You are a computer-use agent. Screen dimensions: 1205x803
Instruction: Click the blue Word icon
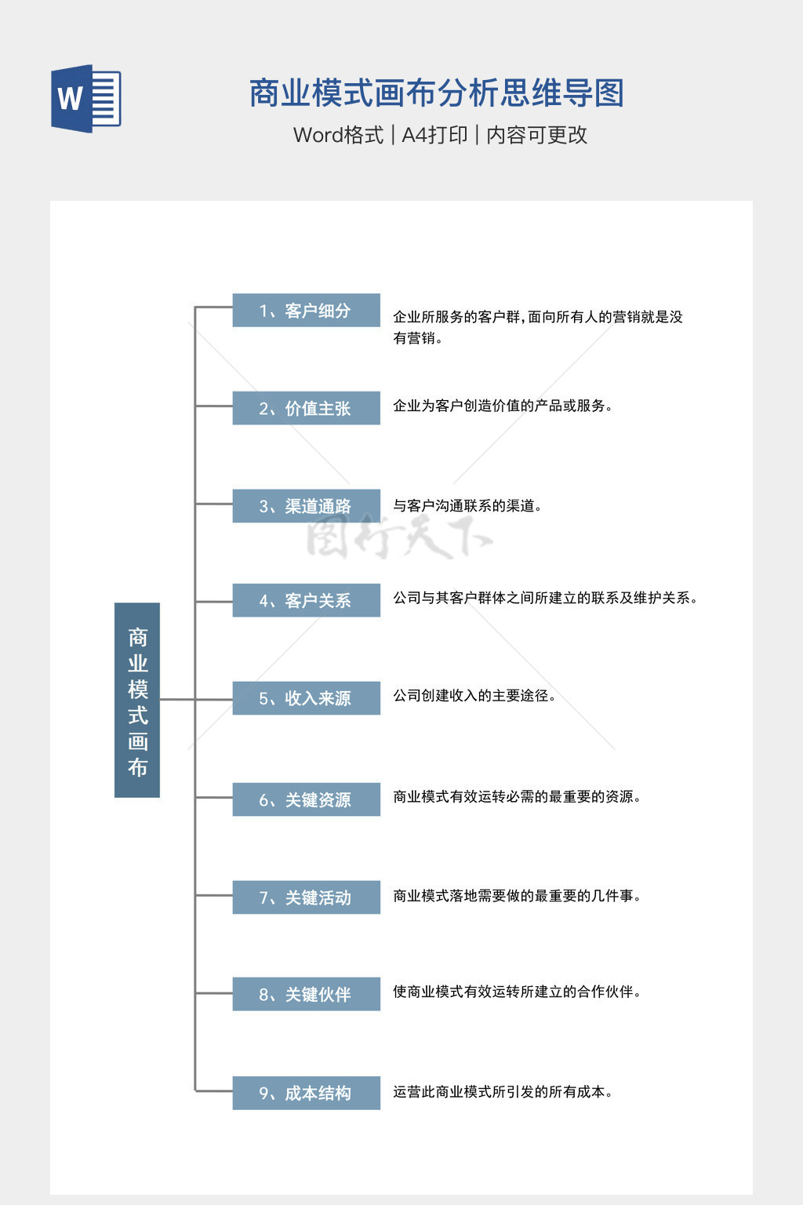pos(86,98)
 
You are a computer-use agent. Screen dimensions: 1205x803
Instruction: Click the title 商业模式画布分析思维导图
pos(436,93)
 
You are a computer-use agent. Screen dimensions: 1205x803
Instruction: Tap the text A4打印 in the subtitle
pos(434,135)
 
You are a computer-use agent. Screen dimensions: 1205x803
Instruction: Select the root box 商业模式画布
pos(137,700)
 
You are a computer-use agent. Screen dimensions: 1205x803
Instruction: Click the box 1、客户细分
pos(306,311)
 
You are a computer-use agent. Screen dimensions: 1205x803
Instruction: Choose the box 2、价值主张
pos(306,408)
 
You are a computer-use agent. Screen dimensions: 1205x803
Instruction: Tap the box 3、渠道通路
pos(306,506)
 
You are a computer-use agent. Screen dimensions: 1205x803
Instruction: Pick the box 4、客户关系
pos(306,600)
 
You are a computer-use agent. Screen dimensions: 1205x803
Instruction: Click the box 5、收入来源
pos(306,698)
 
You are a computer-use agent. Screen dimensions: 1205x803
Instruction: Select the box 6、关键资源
pos(306,799)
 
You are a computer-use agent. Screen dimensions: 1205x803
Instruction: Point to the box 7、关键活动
pos(306,897)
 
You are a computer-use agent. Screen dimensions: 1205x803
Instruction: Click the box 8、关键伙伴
pos(306,994)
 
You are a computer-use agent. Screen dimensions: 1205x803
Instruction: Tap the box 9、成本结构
pos(306,1093)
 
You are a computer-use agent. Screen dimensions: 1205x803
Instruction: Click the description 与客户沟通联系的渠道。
pos(467,506)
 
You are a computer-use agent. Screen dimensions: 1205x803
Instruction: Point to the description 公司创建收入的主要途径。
pos(474,696)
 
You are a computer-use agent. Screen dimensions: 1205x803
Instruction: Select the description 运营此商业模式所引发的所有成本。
pos(503,1092)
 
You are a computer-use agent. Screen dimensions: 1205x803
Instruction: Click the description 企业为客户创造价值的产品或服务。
pos(503,406)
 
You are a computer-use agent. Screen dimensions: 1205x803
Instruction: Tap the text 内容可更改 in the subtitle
pos(536,135)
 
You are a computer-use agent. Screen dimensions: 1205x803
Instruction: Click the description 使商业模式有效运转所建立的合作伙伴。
pos(517,992)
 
